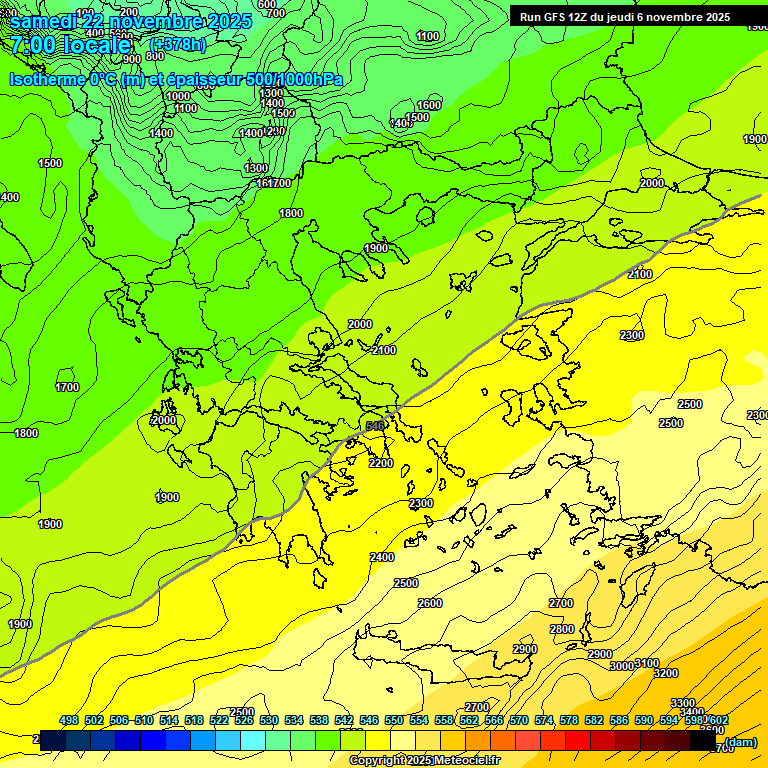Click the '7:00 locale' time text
tap(70, 45)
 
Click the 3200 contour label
tap(666, 673)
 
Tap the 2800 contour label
tap(562, 629)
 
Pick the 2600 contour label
tap(430, 603)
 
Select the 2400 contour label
tap(382, 557)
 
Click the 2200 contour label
tap(381, 463)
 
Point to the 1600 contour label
tap(429, 105)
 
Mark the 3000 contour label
tap(622, 666)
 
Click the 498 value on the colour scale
tap(69, 720)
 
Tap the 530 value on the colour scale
tap(269, 720)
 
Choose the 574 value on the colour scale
tap(544, 720)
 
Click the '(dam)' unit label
tap(740, 742)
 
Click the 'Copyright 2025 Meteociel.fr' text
tap(424, 761)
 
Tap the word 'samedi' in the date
tap(41, 21)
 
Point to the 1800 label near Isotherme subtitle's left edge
tap(26, 433)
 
